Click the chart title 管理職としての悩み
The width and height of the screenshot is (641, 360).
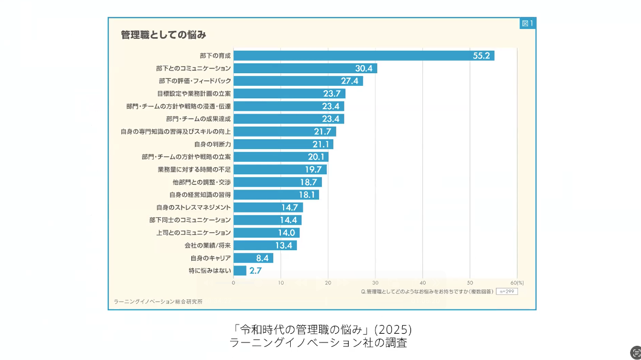[x=163, y=35]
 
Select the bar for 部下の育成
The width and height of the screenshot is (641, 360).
[x=363, y=56]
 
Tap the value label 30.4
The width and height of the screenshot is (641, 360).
[x=363, y=68]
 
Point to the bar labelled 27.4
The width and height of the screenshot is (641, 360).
[x=298, y=81]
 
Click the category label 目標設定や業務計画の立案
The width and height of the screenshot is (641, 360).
[x=194, y=94]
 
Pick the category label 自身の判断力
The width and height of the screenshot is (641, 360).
[x=213, y=144]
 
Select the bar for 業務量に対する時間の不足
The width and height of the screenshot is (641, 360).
[x=280, y=169]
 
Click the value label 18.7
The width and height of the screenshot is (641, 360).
[x=309, y=182]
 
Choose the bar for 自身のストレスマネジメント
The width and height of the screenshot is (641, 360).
[x=268, y=208]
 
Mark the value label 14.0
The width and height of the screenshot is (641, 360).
[x=286, y=233]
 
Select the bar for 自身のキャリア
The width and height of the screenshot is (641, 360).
[x=253, y=258]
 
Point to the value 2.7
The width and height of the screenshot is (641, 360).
[x=256, y=270]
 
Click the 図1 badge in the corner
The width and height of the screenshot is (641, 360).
[x=527, y=23]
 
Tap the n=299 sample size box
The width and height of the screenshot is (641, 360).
[x=507, y=291]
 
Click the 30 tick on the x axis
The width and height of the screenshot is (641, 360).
[x=375, y=282]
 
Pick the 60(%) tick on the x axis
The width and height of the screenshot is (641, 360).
[x=517, y=282]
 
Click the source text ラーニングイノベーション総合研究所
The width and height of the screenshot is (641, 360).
[x=158, y=302]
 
